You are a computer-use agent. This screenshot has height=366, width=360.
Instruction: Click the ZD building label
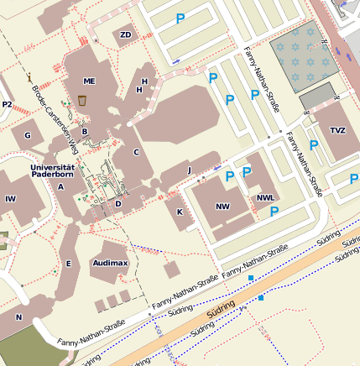[x=126, y=34]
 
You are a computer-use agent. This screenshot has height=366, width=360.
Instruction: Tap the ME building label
[x=90, y=81]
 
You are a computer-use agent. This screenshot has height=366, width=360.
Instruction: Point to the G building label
[x=27, y=135]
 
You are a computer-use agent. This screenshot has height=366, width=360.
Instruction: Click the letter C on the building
[x=136, y=152]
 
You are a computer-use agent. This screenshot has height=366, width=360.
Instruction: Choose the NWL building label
[x=266, y=199]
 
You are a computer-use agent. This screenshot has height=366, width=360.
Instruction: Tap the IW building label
[x=10, y=199]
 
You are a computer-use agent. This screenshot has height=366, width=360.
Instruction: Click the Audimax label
[x=109, y=263]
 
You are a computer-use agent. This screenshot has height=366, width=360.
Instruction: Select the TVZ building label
[x=337, y=130]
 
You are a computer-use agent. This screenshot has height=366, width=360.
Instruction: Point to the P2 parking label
[x=8, y=104]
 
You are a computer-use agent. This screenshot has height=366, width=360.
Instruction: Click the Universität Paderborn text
[x=52, y=172]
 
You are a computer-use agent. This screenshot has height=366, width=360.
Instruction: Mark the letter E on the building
[x=69, y=264]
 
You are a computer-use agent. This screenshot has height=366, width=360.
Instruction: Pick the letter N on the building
[x=18, y=317]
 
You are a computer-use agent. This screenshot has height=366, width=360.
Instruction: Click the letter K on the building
[x=180, y=212]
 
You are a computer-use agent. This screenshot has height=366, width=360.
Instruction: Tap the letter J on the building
[x=189, y=170]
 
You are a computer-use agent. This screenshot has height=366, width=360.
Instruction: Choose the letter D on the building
[x=118, y=203]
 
